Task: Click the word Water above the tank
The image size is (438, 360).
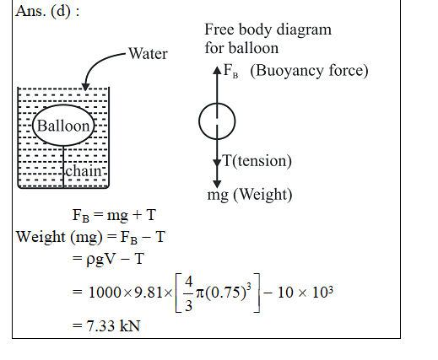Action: coord(148,53)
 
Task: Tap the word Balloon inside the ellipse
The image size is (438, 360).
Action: coord(63,126)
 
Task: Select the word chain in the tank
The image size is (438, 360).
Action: coord(83,170)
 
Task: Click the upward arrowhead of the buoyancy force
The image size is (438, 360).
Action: coord(217,70)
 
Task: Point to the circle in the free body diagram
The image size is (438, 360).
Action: coord(199,121)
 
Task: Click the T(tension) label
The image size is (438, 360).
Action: coord(257,161)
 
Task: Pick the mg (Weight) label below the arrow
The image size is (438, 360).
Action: coord(250,195)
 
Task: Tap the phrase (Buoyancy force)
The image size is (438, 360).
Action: coord(309,70)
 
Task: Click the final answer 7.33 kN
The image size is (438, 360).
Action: coord(113,326)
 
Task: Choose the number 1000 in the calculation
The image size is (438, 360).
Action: coord(105,293)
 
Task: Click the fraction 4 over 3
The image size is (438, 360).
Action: coord(188,293)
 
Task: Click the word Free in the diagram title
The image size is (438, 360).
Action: coord(219,30)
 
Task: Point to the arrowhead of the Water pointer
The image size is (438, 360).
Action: coord(85,87)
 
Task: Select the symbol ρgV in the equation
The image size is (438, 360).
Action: coord(100,259)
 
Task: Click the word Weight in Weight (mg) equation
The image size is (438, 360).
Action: coord(41,237)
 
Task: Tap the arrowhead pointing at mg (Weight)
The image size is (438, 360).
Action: coord(217,185)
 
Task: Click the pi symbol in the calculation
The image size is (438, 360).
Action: coord(199,293)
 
